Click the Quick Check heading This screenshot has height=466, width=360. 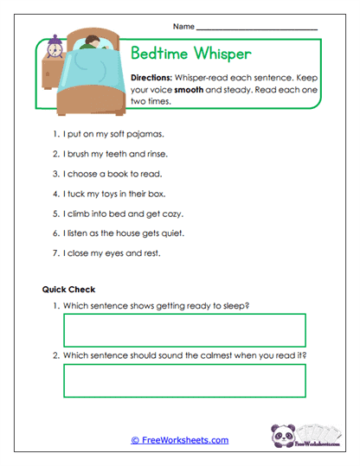(68, 290)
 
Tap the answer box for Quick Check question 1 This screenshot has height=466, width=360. (184, 329)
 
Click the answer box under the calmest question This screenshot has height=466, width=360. (184, 380)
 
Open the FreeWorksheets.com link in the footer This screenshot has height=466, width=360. (179, 440)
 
